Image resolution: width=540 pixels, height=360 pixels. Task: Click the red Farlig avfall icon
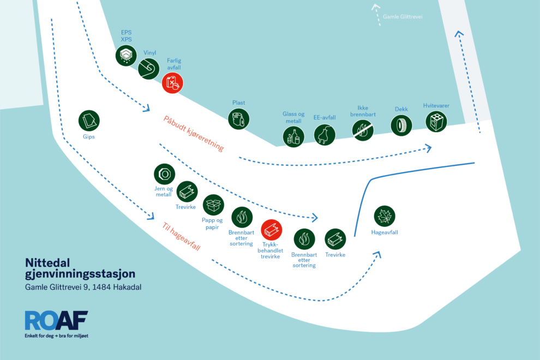(x=172, y=83)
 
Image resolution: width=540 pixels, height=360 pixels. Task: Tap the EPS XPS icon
(x=126, y=55)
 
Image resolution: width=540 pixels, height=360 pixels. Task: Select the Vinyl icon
(x=149, y=69)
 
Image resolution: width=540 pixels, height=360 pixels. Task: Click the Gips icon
(x=89, y=121)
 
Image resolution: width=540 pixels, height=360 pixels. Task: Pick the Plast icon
(x=239, y=119)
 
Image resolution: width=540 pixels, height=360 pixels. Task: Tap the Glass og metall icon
(x=293, y=137)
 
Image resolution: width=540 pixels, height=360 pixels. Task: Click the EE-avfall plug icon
(x=325, y=135)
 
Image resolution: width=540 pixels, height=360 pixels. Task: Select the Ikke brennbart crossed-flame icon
(x=363, y=130)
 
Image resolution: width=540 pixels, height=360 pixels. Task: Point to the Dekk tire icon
(x=401, y=125)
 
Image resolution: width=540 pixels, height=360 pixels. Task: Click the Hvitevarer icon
(x=436, y=122)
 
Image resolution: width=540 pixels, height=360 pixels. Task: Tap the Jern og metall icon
(x=164, y=174)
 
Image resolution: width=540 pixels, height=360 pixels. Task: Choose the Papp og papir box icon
(x=213, y=205)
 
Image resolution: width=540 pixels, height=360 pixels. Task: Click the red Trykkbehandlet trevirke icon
(x=272, y=230)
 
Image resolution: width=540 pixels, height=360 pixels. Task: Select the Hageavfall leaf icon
(x=385, y=216)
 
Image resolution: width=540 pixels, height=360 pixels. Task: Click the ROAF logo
(x=57, y=320)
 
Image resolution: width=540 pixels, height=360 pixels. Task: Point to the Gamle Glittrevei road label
(x=403, y=16)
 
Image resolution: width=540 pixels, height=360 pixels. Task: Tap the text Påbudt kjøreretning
(x=194, y=134)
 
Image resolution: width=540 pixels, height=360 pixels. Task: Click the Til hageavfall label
(x=181, y=236)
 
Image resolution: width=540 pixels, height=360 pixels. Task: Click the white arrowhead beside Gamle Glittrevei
(x=375, y=7)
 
